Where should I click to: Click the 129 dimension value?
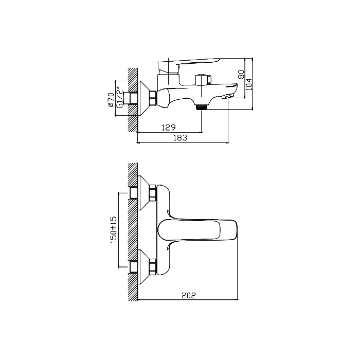[169, 127]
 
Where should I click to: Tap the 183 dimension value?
[180, 138]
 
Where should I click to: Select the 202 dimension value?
[189, 296]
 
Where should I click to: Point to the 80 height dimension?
[241, 75]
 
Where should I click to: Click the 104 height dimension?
[249, 84]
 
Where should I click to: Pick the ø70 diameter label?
[111, 100]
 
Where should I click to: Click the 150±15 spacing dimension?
[114, 230]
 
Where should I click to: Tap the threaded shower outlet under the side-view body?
[201, 107]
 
